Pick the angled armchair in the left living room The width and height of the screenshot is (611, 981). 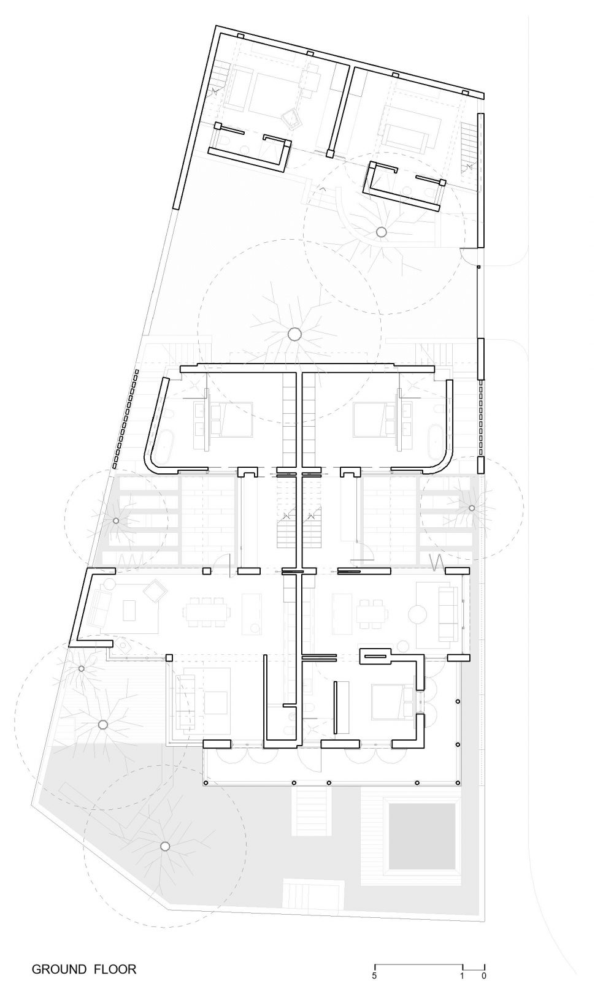(x=155, y=590)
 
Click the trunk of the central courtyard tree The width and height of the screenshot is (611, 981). (x=294, y=335)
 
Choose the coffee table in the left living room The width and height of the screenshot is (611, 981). (x=129, y=610)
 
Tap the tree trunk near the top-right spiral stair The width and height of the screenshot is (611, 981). (x=382, y=232)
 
